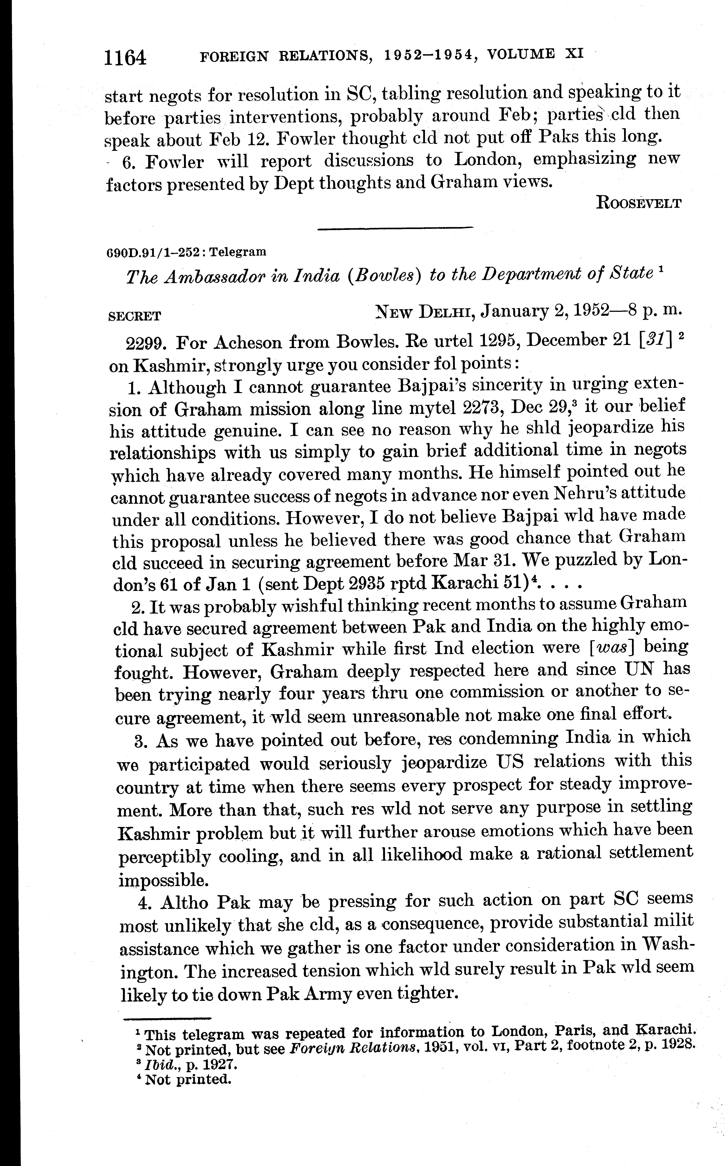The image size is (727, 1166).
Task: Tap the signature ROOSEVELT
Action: pyautogui.click(x=639, y=203)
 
